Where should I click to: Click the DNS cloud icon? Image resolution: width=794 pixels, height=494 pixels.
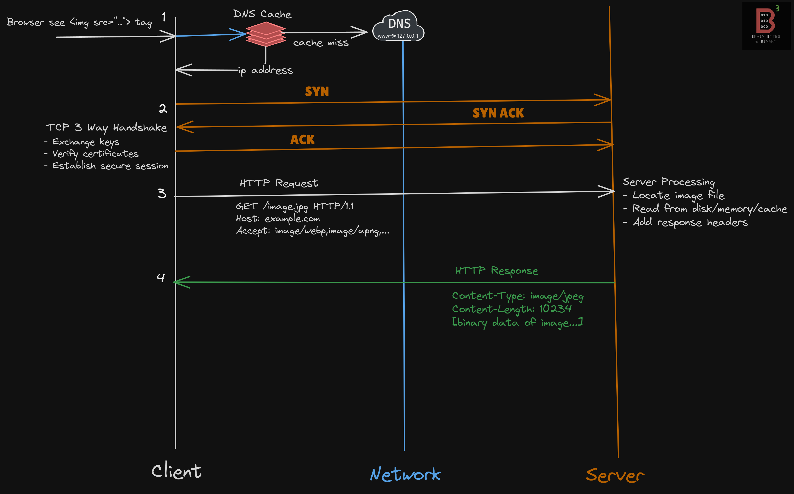[399, 26]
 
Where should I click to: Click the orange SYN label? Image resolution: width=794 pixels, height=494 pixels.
[317, 91]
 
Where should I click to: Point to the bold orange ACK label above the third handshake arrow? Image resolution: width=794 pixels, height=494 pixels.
[302, 140]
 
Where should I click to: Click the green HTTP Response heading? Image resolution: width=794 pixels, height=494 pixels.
[496, 270]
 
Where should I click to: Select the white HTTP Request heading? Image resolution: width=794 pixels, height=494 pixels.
[279, 183]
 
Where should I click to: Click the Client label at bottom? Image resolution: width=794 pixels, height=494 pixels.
[177, 471]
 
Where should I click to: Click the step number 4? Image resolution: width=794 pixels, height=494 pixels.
[160, 278]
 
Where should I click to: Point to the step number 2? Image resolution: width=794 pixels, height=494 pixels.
[163, 109]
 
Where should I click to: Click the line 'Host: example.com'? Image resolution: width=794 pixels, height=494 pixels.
[278, 218]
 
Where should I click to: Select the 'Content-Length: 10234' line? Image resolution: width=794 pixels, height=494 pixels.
[512, 309]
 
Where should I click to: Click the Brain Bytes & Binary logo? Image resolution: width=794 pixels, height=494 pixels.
[766, 26]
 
